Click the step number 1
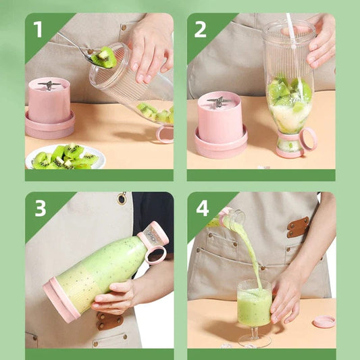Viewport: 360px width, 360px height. click(38, 29)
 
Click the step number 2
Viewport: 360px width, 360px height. click(200, 29)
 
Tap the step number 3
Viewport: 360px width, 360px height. click(40, 208)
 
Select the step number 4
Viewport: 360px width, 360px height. click(202, 208)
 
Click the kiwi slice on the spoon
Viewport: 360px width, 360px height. click(104, 57)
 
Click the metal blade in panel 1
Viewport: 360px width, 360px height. click(49, 85)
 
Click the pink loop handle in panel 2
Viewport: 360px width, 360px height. click(308, 139)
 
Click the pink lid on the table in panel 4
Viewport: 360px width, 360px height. click(324, 322)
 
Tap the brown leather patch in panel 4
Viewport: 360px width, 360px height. click(298, 227)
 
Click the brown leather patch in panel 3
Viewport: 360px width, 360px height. click(108, 320)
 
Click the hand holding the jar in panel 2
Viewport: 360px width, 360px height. click(322, 42)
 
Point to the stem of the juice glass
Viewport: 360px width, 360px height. click(255, 332)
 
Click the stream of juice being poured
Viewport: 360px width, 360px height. click(249, 250)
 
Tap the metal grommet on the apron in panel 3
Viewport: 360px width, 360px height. click(122, 199)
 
